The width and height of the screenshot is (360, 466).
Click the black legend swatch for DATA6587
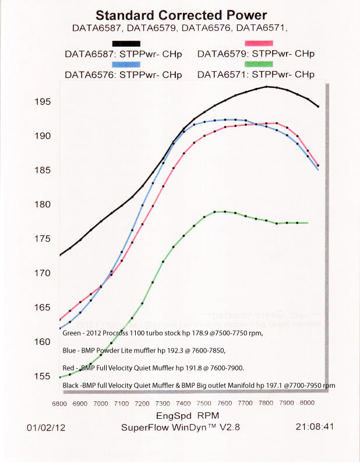[126, 44]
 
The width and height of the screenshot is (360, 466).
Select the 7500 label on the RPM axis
[203, 403]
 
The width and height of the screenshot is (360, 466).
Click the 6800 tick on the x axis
[59, 403]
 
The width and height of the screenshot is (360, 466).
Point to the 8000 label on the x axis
[306, 403]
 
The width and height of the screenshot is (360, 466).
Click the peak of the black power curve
[267, 86]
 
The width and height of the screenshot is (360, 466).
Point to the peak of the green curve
[216, 211]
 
